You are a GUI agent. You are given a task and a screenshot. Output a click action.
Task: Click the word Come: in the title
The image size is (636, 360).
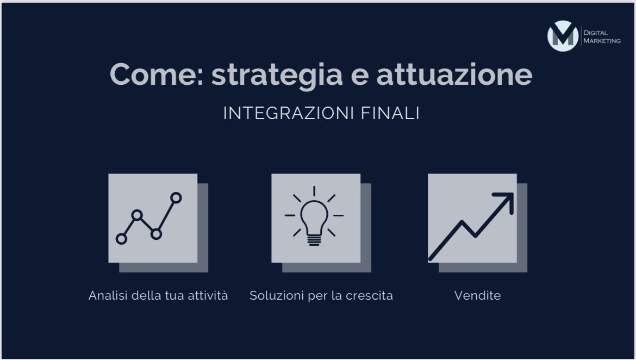point(157,75)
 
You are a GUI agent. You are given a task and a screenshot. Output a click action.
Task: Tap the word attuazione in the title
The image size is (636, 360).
point(454,75)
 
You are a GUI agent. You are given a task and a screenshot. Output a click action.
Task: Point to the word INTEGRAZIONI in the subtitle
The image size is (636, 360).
point(289,113)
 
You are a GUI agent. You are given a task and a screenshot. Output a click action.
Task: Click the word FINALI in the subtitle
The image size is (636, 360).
point(390,113)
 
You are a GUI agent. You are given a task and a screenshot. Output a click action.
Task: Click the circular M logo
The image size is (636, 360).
point(563,36)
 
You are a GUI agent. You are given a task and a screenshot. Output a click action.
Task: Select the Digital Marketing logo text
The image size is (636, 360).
point(601,36)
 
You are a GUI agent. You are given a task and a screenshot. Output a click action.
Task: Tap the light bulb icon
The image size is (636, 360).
point(314,216)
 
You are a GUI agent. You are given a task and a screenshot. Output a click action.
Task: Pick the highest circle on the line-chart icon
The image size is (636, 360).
point(176,198)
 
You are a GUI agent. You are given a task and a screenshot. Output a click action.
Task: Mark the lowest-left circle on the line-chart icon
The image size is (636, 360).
point(121,238)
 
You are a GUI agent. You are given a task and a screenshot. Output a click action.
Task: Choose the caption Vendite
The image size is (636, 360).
point(477,296)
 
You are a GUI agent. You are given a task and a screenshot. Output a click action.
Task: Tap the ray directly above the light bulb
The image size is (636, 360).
point(314,191)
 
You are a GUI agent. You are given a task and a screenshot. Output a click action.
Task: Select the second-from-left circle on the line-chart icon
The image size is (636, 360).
point(137,215)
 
